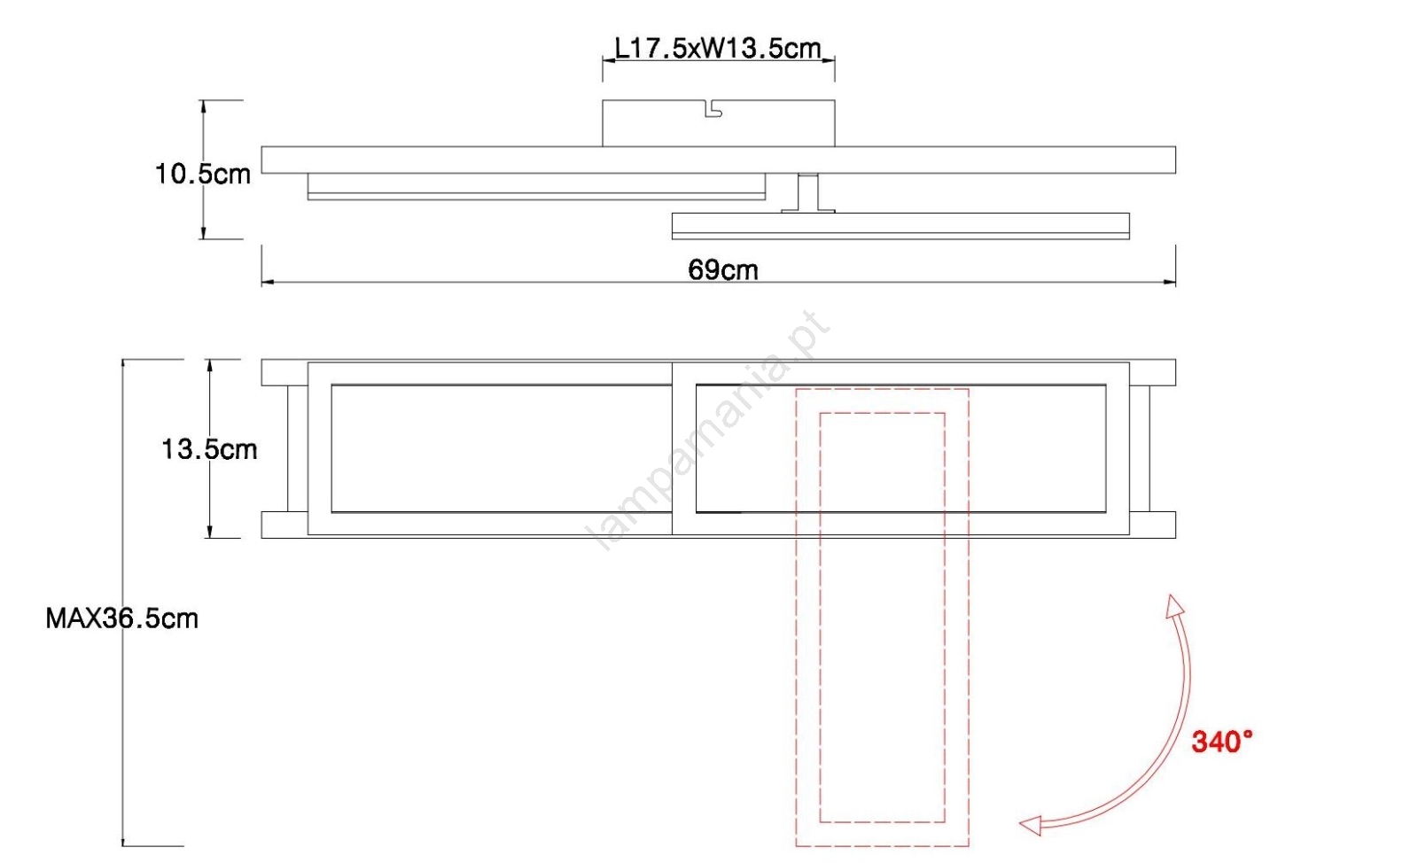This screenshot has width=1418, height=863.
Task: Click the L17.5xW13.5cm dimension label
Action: click(x=718, y=48)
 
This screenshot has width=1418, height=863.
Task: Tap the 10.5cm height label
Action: click(x=203, y=174)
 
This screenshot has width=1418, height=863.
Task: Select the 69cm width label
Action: click(x=723, y=270)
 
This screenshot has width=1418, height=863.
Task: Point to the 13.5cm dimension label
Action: click(x=209, y=449)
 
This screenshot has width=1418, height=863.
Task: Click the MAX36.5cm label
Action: click(x=122, y=618)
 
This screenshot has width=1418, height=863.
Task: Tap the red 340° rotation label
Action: click(x=1222, y=742)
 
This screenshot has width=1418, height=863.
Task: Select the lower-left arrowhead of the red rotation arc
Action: click(x=1030, y=826)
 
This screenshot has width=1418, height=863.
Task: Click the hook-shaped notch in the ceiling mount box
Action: click(x=713, y=109)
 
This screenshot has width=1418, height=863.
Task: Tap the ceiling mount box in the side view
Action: click(x=719, y=123)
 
